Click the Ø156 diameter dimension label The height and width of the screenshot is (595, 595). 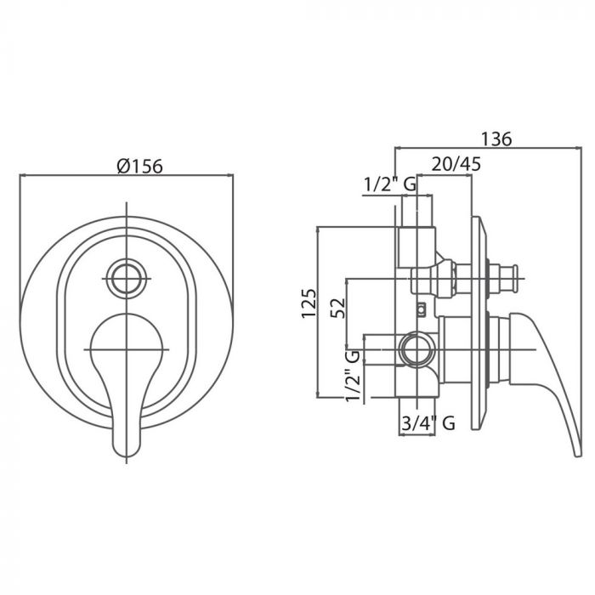[140, 167]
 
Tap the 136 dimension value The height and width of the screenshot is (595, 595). [496, 139]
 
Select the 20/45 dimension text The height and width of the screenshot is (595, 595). [456, 164]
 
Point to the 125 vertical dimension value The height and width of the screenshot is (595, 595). [309, 303]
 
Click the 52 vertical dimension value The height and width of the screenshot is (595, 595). [338, 308]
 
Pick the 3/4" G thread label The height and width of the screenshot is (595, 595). [428, 422]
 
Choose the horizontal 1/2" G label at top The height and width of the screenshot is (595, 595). [390, 184]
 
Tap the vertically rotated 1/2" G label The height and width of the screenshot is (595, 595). [352, 376]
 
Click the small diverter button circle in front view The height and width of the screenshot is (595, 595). [127, 279]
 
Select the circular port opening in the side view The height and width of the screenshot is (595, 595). [418, 349]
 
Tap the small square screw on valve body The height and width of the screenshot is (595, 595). [421, 309]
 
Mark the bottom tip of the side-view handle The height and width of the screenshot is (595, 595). [577, 455]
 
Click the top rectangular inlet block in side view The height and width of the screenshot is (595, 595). [416, 247]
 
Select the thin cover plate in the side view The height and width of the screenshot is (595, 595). [479, 323]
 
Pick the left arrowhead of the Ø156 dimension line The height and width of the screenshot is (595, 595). [21, 175]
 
